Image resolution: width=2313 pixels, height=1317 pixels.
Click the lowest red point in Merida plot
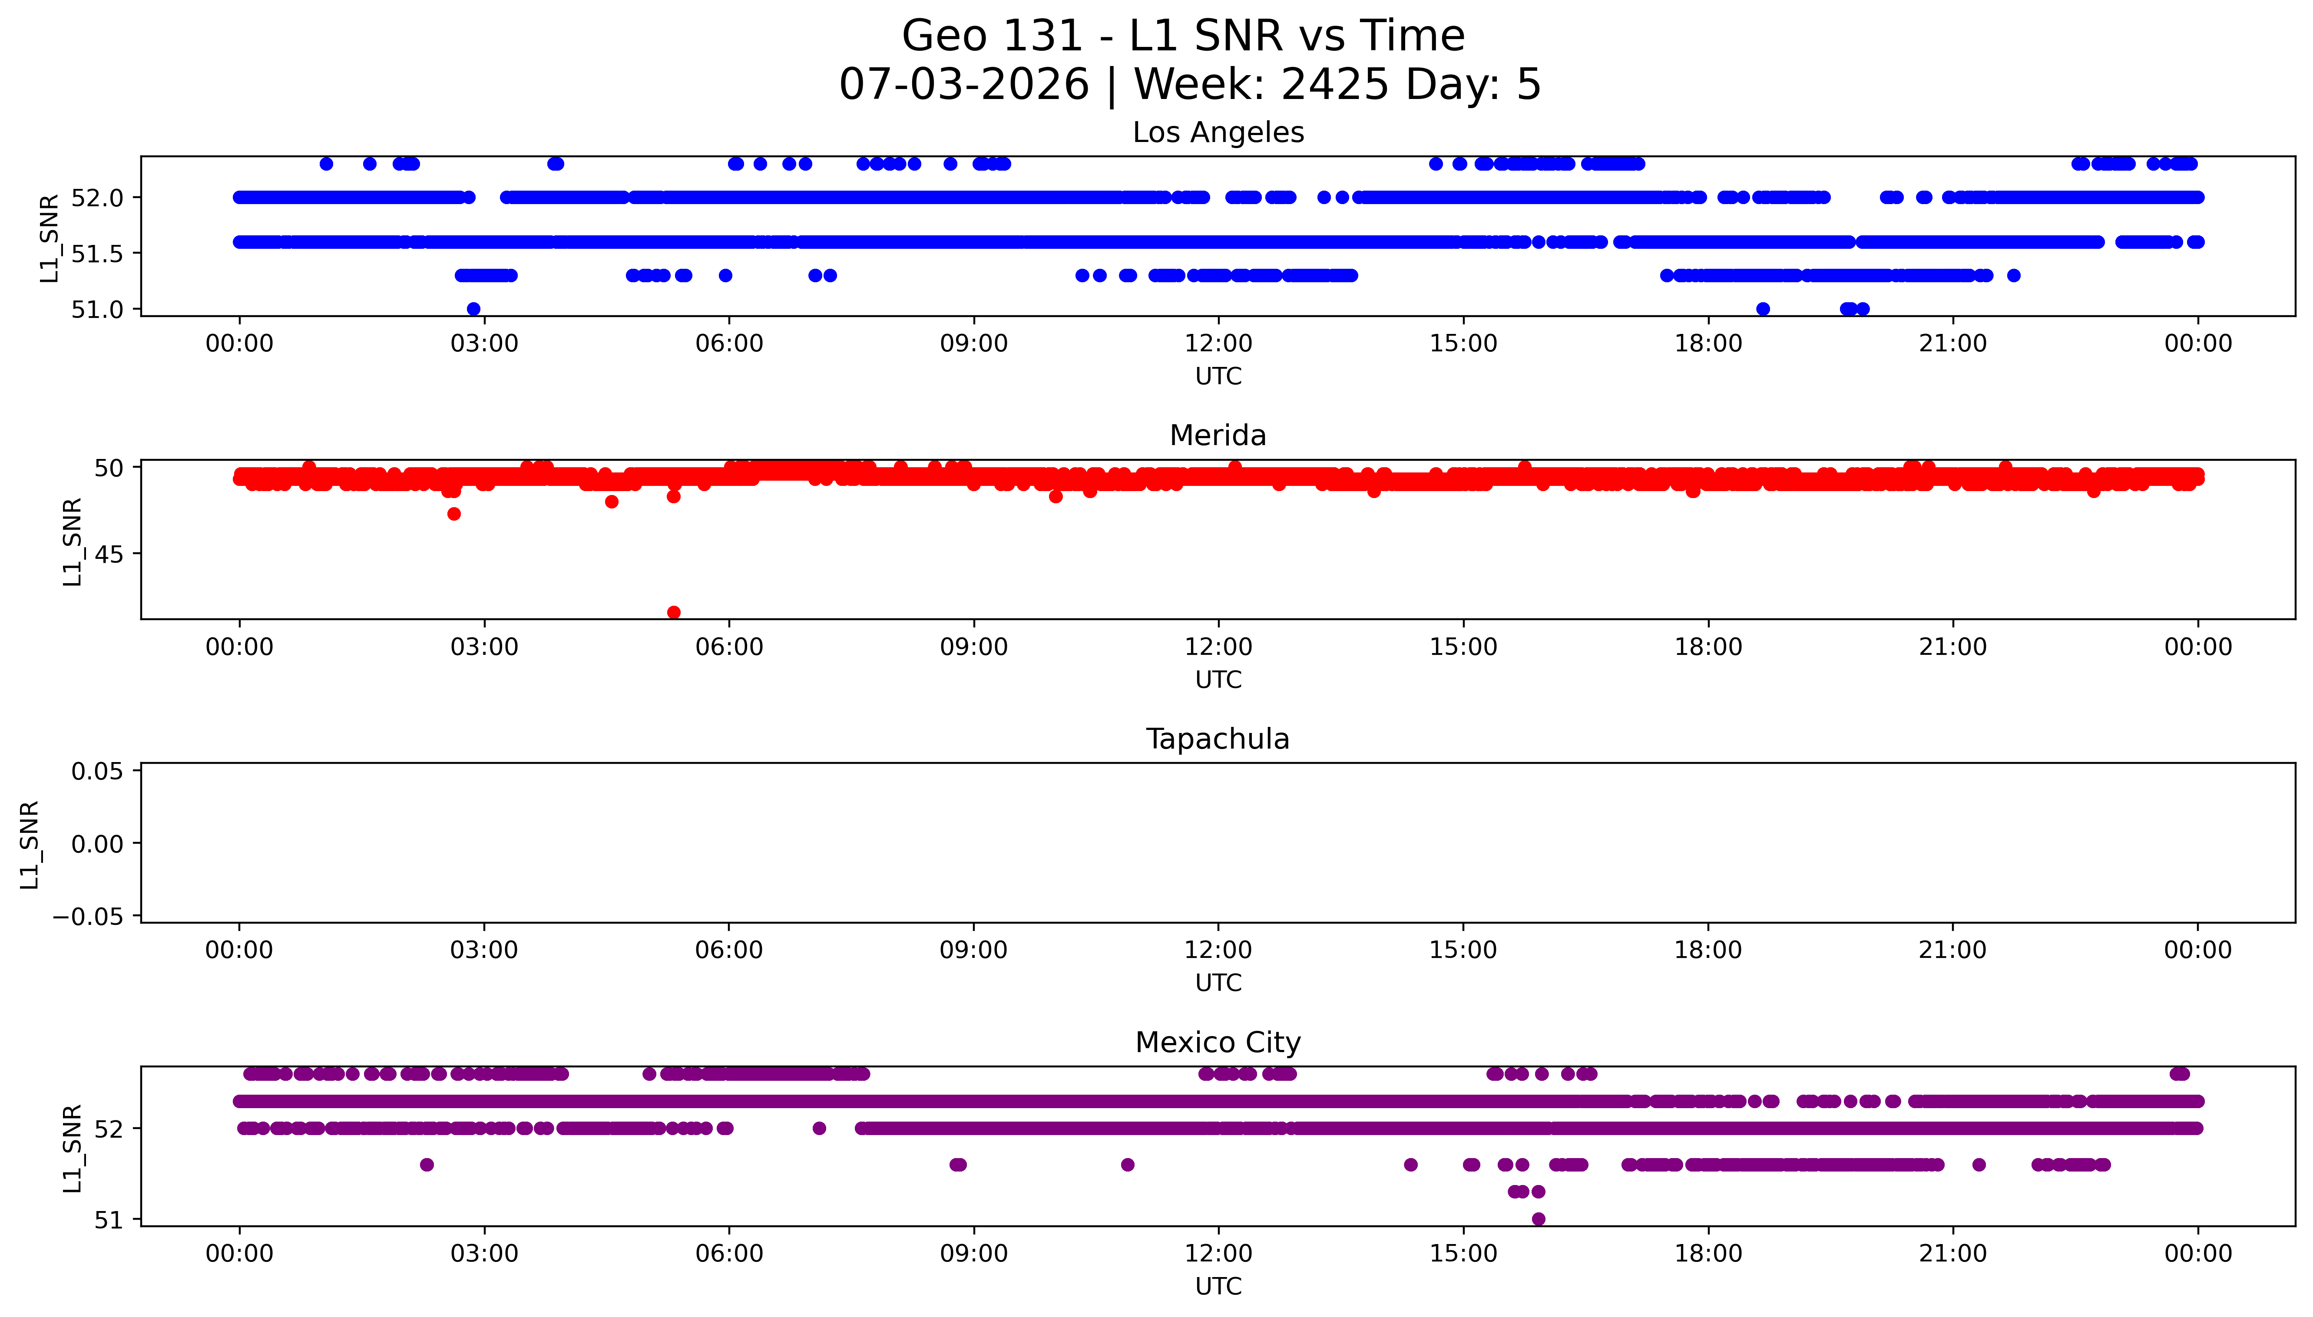point(674,612)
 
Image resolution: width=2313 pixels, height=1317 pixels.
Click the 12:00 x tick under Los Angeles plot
point(1218,344)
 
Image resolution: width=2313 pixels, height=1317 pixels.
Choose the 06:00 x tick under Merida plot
point(729,647)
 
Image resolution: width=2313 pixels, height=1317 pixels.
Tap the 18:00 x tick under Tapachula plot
point(1708,950)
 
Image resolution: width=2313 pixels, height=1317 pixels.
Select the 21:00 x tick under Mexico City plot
point(1953,1254)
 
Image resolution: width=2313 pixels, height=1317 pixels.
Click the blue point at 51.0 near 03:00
point(473,309)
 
